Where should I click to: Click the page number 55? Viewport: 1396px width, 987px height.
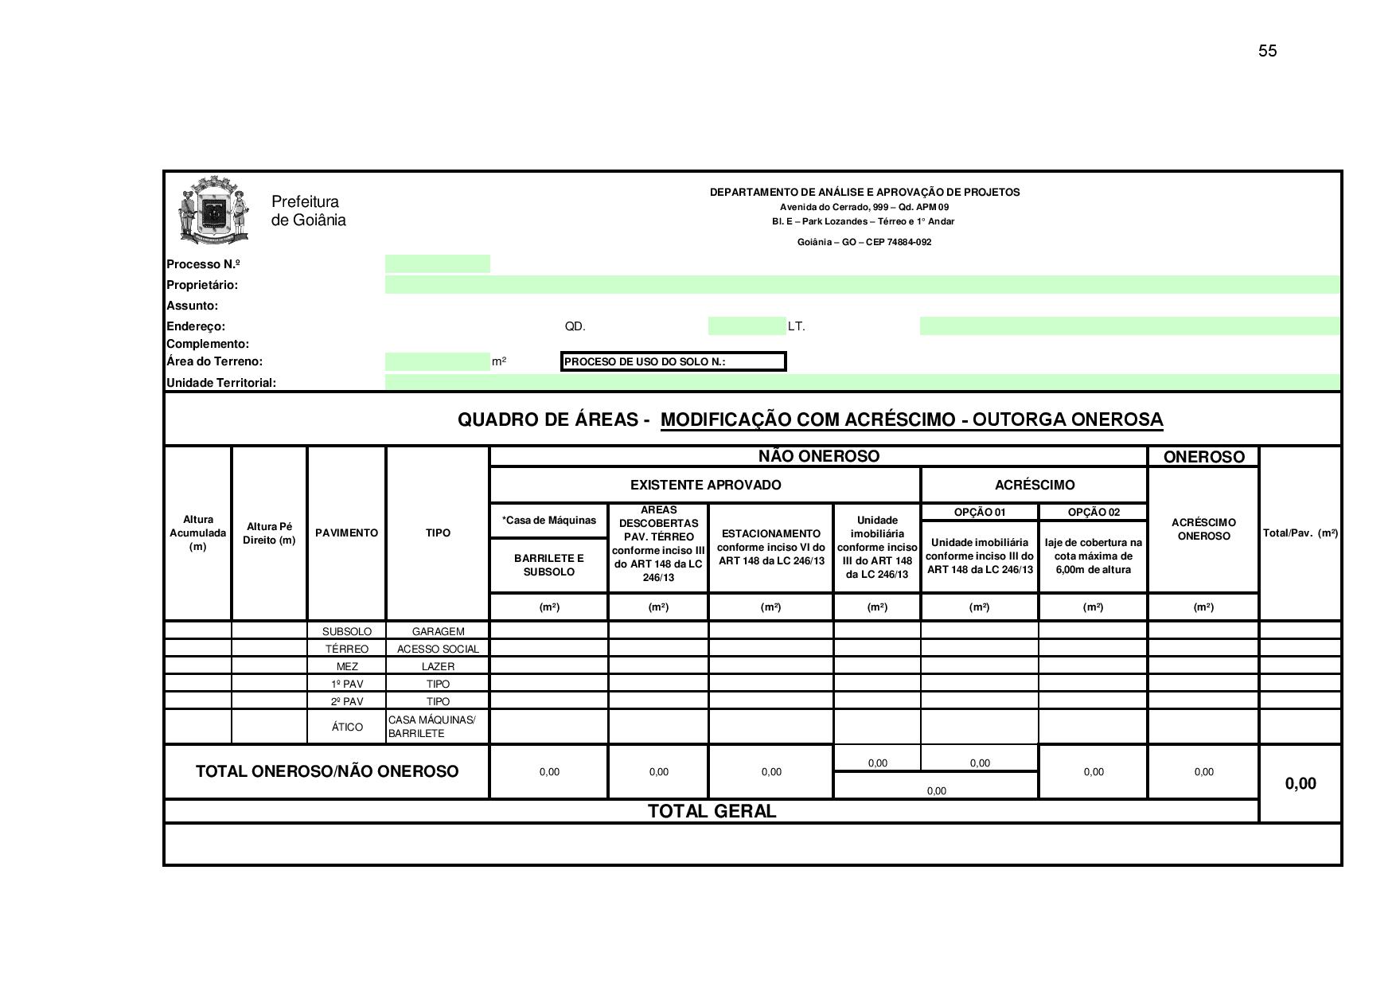click(x=1267, y=51)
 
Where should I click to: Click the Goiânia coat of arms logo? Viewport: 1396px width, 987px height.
click(x=213, y=210)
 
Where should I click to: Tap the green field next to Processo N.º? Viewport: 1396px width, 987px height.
click(x=437, y=264)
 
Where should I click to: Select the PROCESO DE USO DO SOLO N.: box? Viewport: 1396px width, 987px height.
click(x=673, y=361)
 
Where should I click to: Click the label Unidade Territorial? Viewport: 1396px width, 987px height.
click(x=221, y=383)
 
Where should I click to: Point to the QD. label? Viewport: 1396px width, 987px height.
click(x=575, y=326)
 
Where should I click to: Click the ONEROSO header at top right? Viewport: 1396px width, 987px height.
click(x=1203, y=457)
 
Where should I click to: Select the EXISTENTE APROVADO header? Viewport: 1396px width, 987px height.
click(x=705, y=485)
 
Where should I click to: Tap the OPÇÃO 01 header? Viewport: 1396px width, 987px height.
click(x=979, y=512)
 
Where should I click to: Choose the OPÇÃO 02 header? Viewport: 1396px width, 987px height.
click(x=1093, y=512)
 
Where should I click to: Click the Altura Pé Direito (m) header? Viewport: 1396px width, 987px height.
click(x=270, y=533)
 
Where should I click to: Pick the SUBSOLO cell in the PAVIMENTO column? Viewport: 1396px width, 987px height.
click(x=346, y=631)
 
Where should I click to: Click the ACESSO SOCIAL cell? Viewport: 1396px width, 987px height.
click(x=438, y=649)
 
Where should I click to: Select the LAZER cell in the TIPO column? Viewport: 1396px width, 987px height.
click(x=438, y=666)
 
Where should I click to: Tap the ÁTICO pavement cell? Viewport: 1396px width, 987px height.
click(x=346, y=727)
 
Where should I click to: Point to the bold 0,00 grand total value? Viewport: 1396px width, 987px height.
click(x=1300, y=783)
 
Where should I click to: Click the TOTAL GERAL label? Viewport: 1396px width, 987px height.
click(x=712, y=811)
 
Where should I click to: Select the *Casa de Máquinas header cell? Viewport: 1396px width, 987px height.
click(x=548, y=521)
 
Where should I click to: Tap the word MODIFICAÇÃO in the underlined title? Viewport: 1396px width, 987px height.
click(x=727, y=419)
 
